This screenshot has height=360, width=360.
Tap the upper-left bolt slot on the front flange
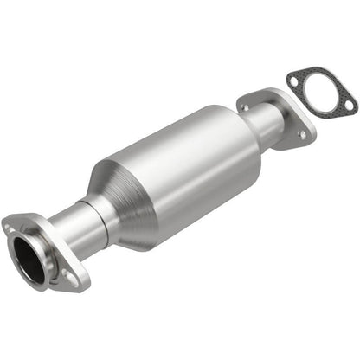(x=10, y=229)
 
